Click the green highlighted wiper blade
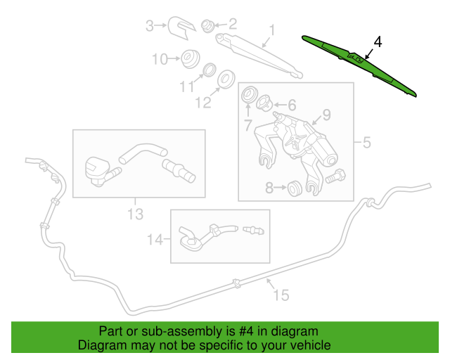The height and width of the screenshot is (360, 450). [x=359, y=63]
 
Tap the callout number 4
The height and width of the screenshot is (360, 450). [x=378, y=42]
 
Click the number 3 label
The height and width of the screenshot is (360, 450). [x=149, y=27]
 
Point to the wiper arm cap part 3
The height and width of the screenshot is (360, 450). [x=181, y=29]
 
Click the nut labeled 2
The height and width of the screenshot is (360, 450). [x=207, y=27]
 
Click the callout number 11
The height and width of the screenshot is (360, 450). [x=186, y=86]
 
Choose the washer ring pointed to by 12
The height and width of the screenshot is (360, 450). [x=226, y=79]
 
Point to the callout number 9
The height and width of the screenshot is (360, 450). [x=326, y=115]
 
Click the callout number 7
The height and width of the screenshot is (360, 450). [x=248, y=126]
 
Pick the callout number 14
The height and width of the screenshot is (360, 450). [x=156, y=240]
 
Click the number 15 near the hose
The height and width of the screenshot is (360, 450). [x=280, y=296]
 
